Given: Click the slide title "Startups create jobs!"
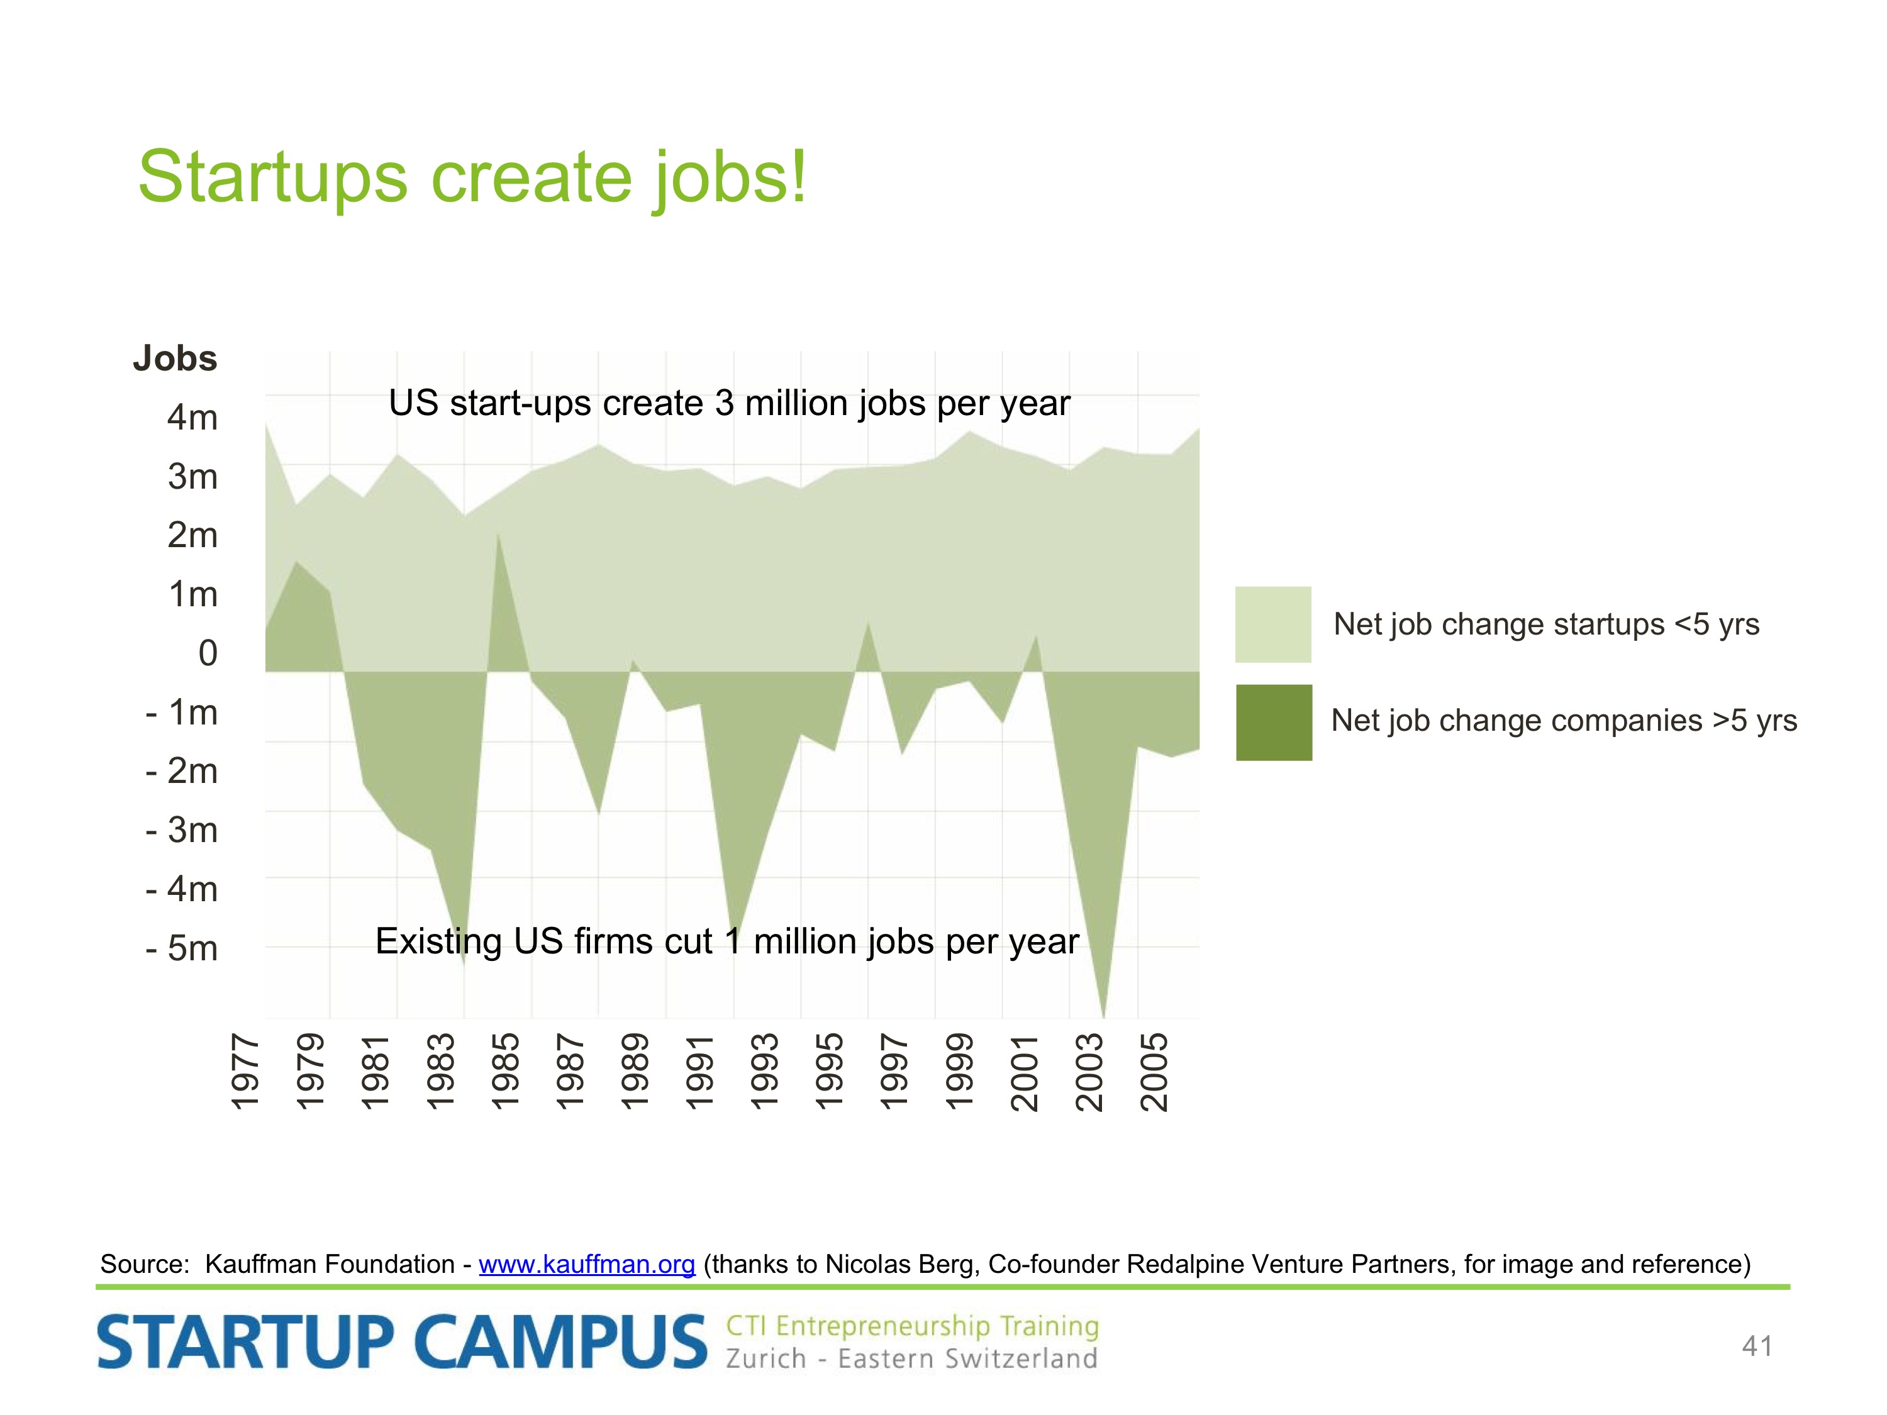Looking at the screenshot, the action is (472, 177).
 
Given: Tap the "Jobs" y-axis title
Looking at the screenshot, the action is (175, 359).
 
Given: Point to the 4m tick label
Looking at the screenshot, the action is (193, 418).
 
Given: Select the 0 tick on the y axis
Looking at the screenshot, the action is (208, 653).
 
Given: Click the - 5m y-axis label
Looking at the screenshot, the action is (182, 948).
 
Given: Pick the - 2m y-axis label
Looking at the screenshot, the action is (182, 771).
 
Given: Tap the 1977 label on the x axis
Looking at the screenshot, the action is (246, 1072).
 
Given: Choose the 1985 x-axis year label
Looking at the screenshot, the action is (505, 1072).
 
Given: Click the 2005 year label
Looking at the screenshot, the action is (1154, 1072).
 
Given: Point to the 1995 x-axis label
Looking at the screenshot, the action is (830, 1072).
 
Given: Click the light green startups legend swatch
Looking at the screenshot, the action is (1273, 624).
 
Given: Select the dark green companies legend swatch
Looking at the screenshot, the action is (1274, 723).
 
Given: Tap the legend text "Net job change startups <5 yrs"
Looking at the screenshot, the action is (1547, 624).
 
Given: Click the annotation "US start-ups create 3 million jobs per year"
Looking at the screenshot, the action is (730, 404).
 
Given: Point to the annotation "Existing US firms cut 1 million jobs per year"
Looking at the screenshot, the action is (727, 941).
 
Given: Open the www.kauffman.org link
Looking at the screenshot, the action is (587, 1264).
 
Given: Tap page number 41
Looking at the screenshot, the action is (1757, 1346).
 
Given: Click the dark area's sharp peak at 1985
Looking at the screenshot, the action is (498, 534).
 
